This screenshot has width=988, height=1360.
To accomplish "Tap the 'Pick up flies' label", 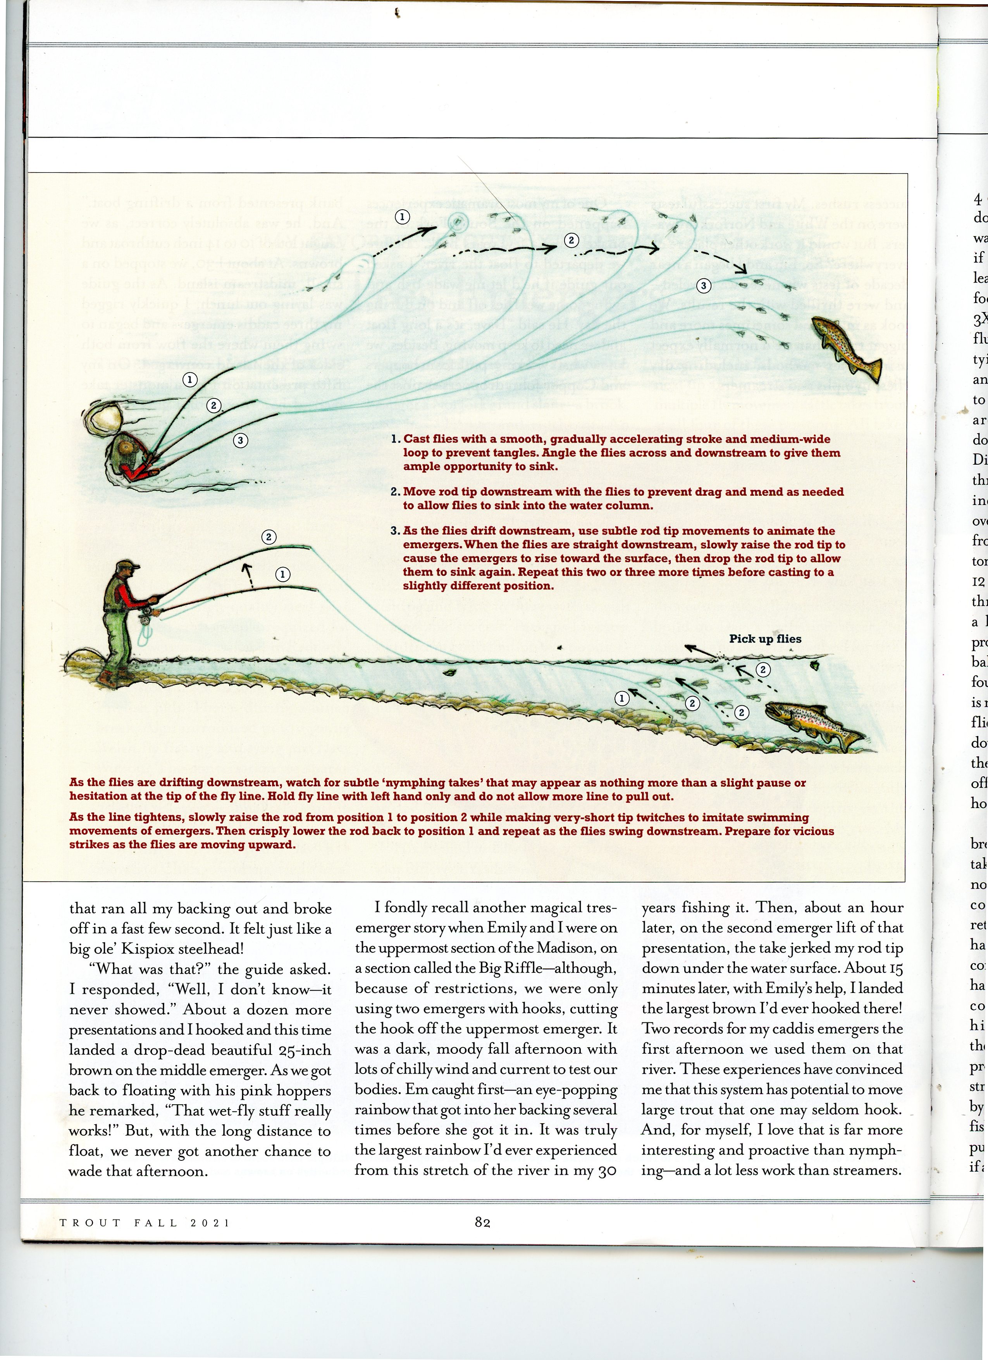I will pos(765,639).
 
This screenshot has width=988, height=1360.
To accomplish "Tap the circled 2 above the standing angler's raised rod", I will pos(269,537).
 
